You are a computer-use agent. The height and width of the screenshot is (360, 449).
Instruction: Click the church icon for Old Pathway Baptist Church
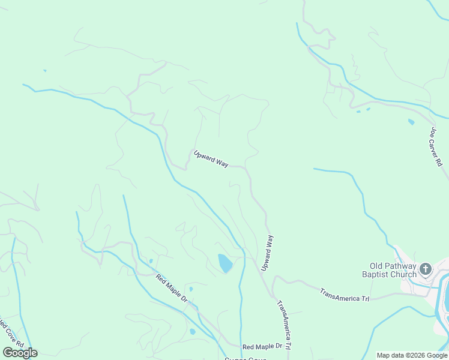(x=426, y=268)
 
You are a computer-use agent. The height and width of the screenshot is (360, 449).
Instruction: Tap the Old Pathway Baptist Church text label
(x=393, y=271)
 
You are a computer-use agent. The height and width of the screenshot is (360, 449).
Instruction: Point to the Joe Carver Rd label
(x=436, y=146)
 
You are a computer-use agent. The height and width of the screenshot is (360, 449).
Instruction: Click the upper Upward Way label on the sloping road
(x=211, y=158)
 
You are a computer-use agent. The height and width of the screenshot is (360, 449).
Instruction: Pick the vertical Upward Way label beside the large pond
(x=268, y=253)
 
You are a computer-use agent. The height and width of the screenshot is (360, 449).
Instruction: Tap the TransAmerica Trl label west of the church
(x=345, y=295)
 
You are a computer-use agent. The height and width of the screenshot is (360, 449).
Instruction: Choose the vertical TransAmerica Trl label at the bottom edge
(x=284, y=325)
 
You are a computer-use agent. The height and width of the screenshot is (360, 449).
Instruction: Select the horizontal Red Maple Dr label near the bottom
(x=262, y=347)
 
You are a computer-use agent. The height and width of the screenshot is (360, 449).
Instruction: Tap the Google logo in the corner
(x=20, y=353)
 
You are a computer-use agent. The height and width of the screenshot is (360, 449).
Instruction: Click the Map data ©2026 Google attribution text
(x=412, y=355)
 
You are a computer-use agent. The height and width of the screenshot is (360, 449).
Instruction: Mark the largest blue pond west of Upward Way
(x=224, y=263)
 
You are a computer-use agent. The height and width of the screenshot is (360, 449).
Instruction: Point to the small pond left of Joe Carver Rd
(x=411, y=122)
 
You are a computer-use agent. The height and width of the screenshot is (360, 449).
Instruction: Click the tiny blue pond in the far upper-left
(x=45, y=71)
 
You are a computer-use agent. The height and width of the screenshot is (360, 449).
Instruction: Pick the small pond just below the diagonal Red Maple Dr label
(x=191, y=331)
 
